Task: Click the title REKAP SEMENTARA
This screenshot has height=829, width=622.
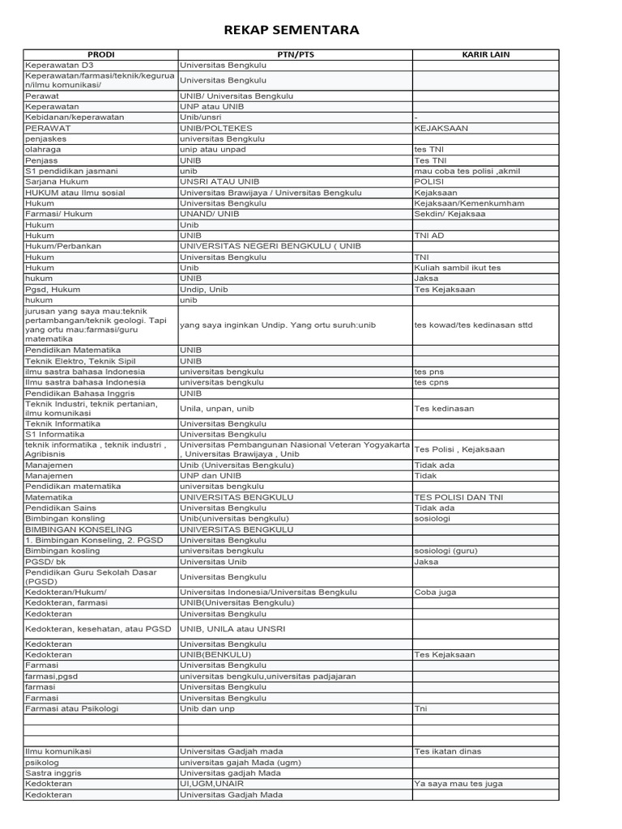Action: pyautogui.click(x=292, y=31)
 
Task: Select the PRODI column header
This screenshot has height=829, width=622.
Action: pyautogui.click(x=100, y=54)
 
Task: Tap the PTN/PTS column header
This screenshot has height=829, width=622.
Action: pyautogui.click(x=295, y=54)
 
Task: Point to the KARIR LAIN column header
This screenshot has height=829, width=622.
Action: pyautogui.click(x=485, y=54)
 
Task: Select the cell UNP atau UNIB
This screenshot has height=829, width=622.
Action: pyautogui.click(x=211, y=106)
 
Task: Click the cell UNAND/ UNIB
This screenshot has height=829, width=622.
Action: pyautogui.click(x=209, y=214)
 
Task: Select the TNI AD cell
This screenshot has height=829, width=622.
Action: pyautogui.click(x=429, y=236)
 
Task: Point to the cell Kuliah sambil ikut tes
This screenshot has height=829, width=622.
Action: pyautogui.click(x=458, y=267)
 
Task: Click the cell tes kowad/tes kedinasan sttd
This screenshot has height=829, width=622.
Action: pyautogui.click(x=473, y=325)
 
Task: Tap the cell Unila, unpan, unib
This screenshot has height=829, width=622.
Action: pyautogui.click(x=216, y=409)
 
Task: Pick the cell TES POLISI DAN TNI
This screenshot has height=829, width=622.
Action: pyautogui.click(x=458, y=497)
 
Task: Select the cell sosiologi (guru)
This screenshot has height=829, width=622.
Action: pyautogui.click(x=445, y=551)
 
